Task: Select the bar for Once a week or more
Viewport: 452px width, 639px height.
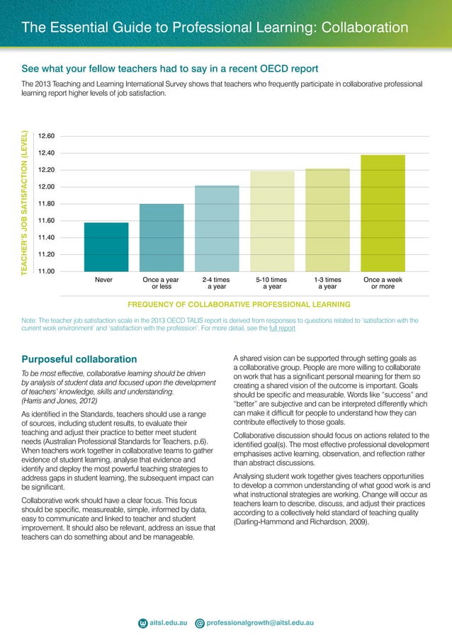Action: coord(383,213)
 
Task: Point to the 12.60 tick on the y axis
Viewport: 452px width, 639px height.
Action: coord(47,136)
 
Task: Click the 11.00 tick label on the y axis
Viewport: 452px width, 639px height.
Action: coord(47,271)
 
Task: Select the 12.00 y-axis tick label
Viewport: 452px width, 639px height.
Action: coord(47,187)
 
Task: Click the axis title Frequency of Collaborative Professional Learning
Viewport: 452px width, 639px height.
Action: coord(238,305)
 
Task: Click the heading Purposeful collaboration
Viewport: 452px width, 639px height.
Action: coord(79,358)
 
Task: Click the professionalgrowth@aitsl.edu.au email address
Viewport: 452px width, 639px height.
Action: coord(260,623)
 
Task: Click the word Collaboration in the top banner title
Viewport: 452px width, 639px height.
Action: coord(365,28)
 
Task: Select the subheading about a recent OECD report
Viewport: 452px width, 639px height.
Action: coord(170,68)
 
